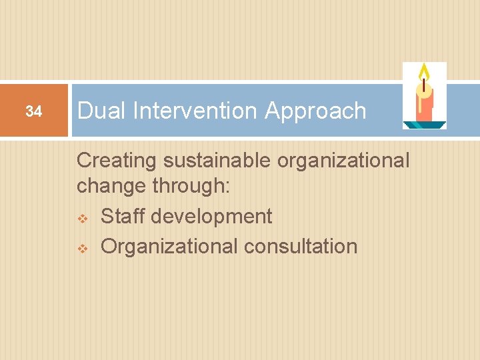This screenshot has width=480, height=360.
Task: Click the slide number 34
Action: [x=33, y=111]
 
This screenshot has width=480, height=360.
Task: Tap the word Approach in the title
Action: [x=315, y=111]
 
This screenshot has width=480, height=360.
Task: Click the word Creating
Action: [x=115, y=161]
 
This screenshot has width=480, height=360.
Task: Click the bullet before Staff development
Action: [x=83, y=217]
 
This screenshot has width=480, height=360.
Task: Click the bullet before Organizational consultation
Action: [x=83, y=247]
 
